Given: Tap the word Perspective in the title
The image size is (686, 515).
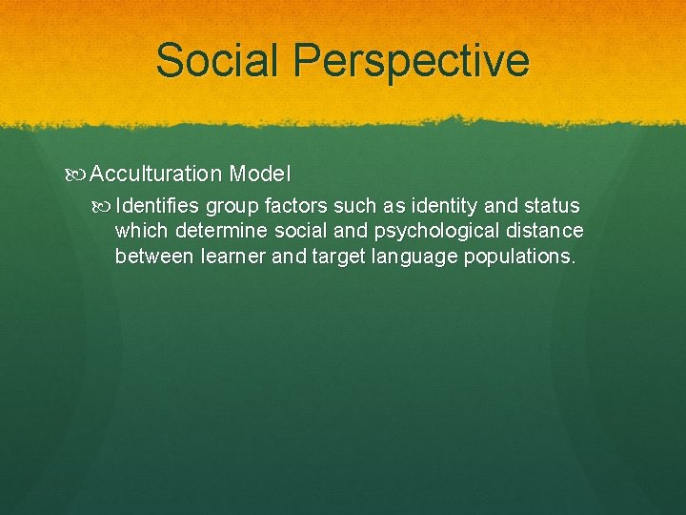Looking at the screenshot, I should tap(412, 61).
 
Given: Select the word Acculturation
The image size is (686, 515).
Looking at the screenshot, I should tap(156, 174).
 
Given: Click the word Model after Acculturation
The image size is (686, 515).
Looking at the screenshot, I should tap(260, 174).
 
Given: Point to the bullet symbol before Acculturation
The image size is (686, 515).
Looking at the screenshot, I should tap(80, 175).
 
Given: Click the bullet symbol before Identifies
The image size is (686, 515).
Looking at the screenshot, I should tap(105, 207).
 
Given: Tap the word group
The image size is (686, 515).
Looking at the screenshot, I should tap(232, 207).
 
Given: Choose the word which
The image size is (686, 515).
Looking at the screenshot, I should tap(142, 231).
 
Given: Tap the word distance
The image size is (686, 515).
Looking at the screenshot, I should tap(549, 231).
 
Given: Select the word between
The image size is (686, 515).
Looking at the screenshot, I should tap(150, 256).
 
